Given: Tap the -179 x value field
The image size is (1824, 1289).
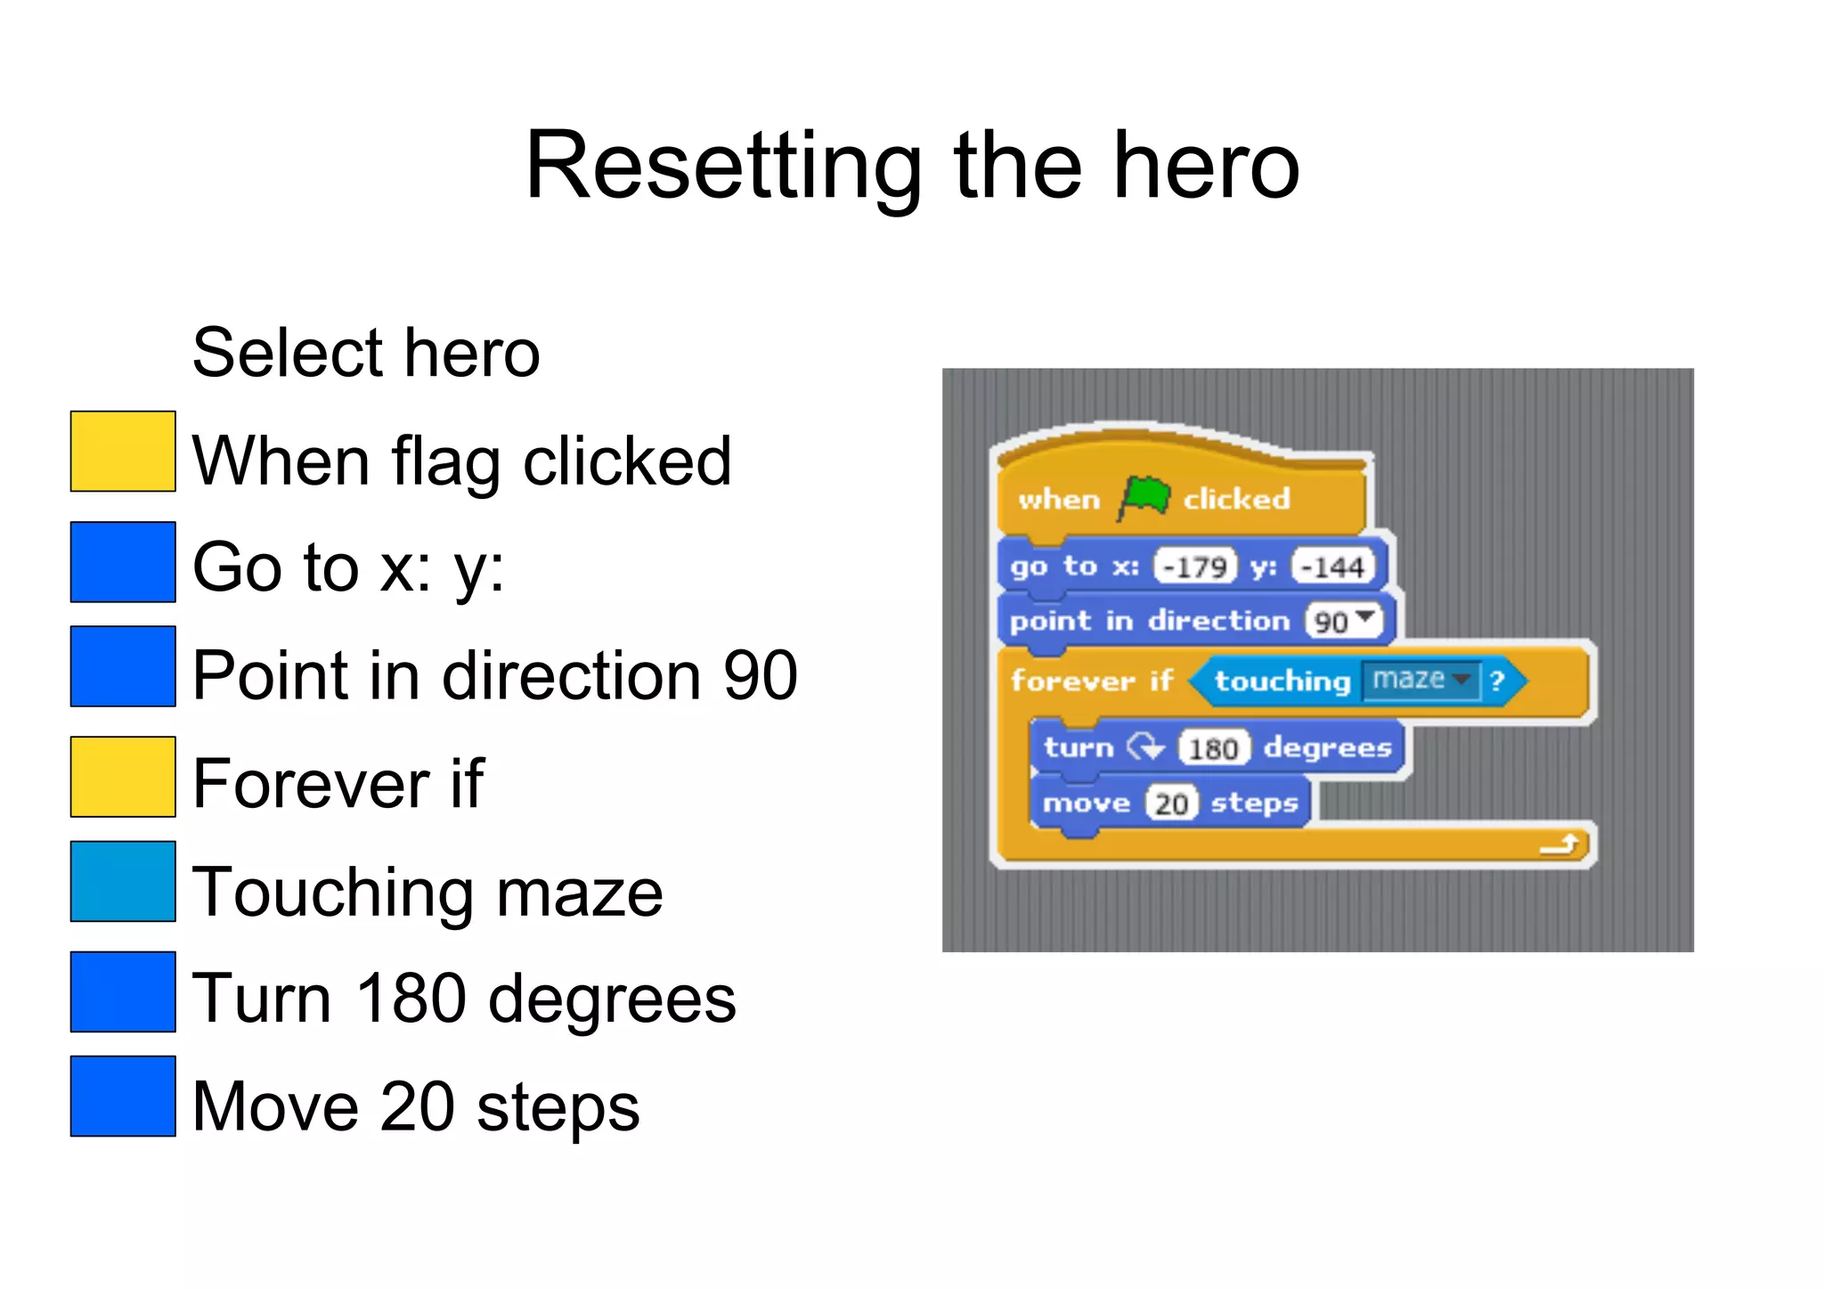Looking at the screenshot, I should [x=1195, y=566].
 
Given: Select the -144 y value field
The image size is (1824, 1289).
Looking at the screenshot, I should [x=1333, y=566].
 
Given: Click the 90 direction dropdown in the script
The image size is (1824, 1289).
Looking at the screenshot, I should [x=1343, y=620].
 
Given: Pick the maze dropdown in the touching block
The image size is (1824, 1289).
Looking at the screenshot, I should [x=1420, y=680].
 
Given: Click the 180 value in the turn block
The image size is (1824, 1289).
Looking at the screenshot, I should [x=1214, y=747].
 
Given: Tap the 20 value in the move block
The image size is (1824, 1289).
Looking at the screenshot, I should [x=1171, y=804].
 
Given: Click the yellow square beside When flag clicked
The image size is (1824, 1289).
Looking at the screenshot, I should [x=123, y=451].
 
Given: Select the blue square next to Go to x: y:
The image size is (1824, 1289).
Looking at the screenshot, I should [x=123, y=562].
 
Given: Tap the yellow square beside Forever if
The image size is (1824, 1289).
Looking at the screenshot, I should [x=123, y=777].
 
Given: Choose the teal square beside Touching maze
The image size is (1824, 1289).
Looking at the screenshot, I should [x=123, y=881].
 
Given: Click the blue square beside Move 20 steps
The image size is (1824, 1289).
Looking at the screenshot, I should [x=123, y=1096].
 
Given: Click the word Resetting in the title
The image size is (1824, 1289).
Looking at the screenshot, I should [x=722, y=167].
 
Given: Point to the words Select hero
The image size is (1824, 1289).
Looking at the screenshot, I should [x=366, y=353].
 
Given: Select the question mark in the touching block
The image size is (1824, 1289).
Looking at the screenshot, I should [x=1497, y=681].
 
